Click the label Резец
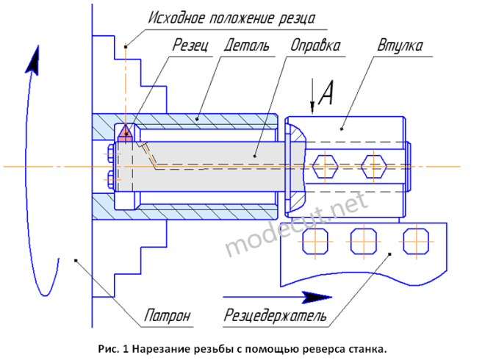pyautogui.click(x=190, y=46)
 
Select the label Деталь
pyautogui.click(x=247, y=46)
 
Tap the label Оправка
pyautogui.click(x=315, y=46)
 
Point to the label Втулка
pyautogui.click(x=400, y=46)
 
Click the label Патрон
pyautogui.click(x=168, y=315)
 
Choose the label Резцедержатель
pyautogui.click(x=275, y=315)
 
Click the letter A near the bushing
pyautogui.click(x=326, y=93)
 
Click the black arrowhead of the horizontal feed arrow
pyautogui.click(x=316, y=298)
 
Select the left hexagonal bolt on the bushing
pyautogui.click(x=326, y=166)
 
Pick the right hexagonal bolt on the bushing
pyautogui.click(x=374, y=166)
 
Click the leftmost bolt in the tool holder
pyautogui.click(x=315, y=242)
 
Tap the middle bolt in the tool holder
pyautogui.click(x=364, y=242)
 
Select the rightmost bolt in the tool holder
pyautogui.click(x=416, y=242)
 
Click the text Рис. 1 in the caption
pyautogui.click(x=114, y=349)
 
